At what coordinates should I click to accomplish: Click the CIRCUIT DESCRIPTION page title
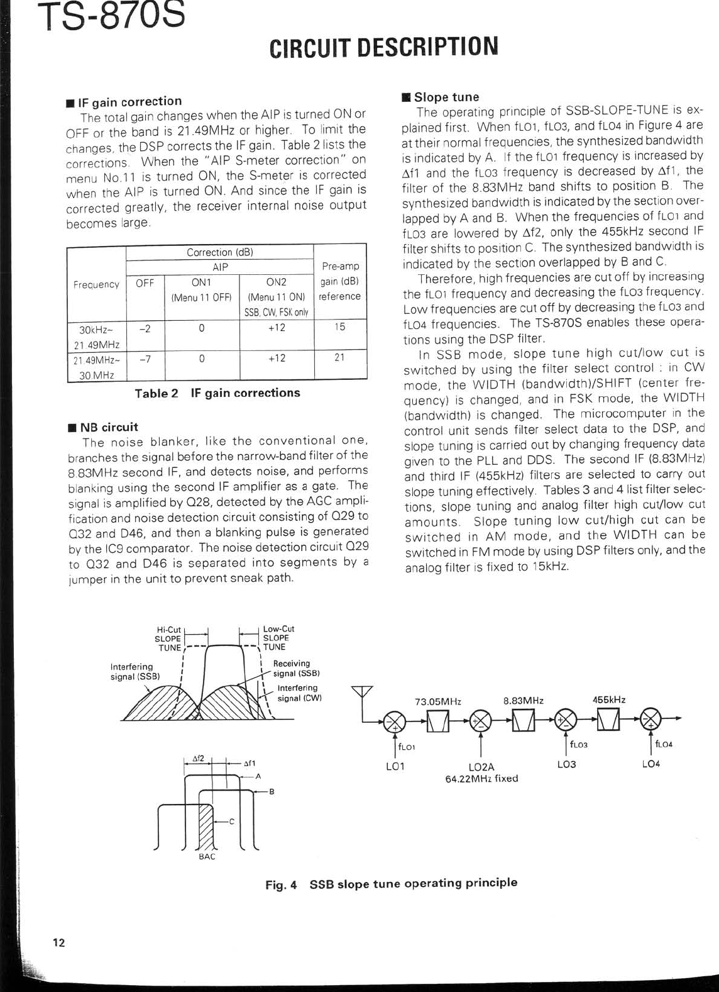click(383, 47)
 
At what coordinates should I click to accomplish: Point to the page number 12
click(58, 942)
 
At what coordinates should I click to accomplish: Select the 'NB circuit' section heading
click(105, 427)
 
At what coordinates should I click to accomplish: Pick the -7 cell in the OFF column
click(145, 358)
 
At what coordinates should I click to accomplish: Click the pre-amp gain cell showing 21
click(339, 358)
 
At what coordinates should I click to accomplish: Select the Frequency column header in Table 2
click(96, 284)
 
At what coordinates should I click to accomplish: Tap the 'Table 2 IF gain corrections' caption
click(217, 393)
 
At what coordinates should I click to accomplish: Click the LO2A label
click(481, 767)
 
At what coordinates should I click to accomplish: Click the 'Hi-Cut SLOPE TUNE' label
click(168, 638)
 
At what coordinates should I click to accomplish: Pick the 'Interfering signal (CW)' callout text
click(299, 693)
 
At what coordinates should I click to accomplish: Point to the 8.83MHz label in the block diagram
click(524, 701)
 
